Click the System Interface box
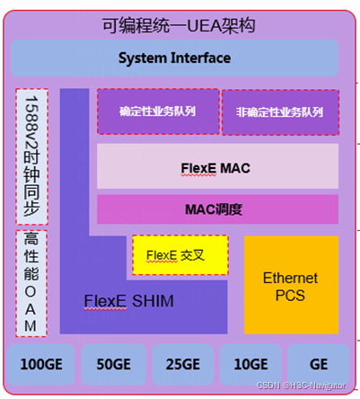pyautogui.click(x=174, y=58)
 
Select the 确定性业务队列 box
pyautogui.click(x=157, y=112)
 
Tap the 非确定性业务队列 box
pyautogui.click(x=279, y=112)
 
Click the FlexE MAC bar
pyautogui.click(x=217, y=166)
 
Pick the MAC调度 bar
pyautogui.click(x=217, y=209)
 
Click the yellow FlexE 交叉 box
pyautogui.click(x=180, y=254)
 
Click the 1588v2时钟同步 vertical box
pyautogui.click(x=31, y=157)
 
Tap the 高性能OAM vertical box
pyautogui.click(x=31, y=282)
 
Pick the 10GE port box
pyautogui.click(x=250, y=365)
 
